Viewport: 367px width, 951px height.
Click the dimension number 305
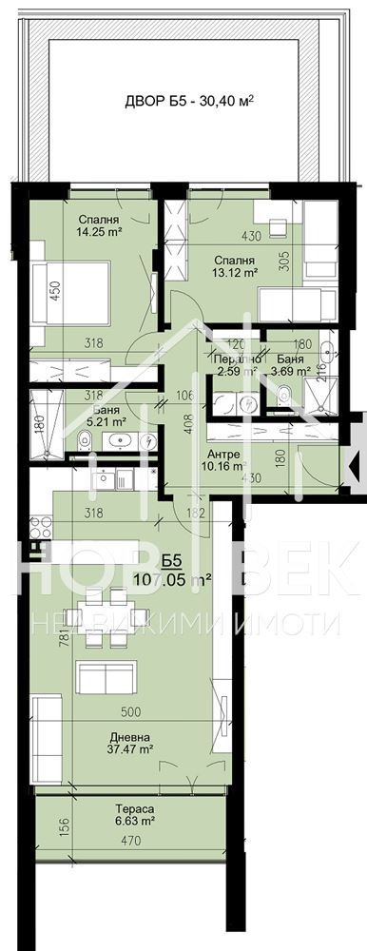pos(284,261)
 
